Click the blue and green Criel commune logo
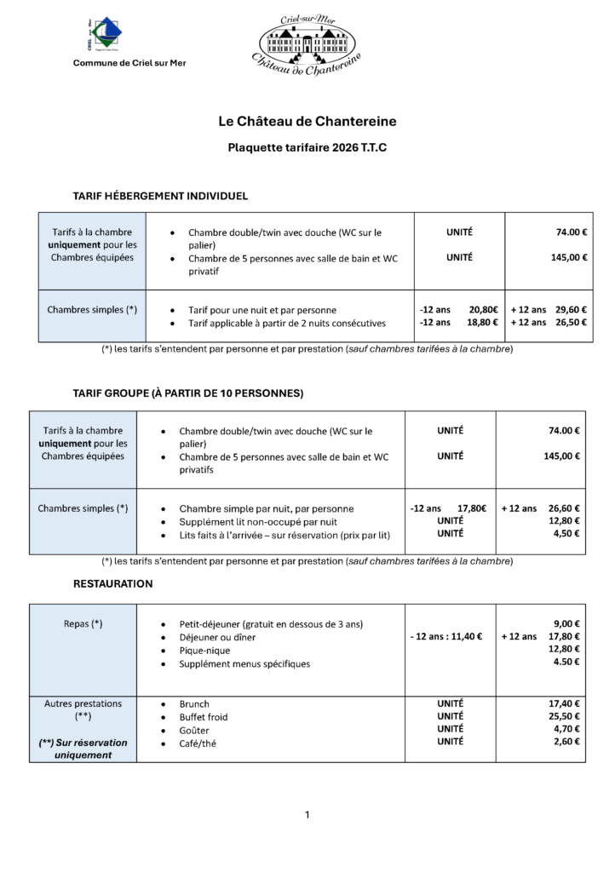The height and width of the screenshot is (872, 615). [106, 35]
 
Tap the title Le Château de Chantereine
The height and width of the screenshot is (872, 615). [307, 122]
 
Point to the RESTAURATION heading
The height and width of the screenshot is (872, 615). [113, 584]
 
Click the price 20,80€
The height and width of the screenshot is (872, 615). [483, 310]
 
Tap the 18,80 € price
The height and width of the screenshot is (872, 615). [483, 323]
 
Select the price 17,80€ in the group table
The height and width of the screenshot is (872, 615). [472, 508]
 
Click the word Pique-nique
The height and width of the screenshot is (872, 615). [204, 650]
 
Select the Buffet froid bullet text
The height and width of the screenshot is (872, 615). [204, 717]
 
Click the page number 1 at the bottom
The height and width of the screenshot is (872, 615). [307, 816]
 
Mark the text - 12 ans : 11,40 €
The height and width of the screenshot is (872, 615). [446, 636]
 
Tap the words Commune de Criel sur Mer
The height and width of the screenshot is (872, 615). [129, 64]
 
